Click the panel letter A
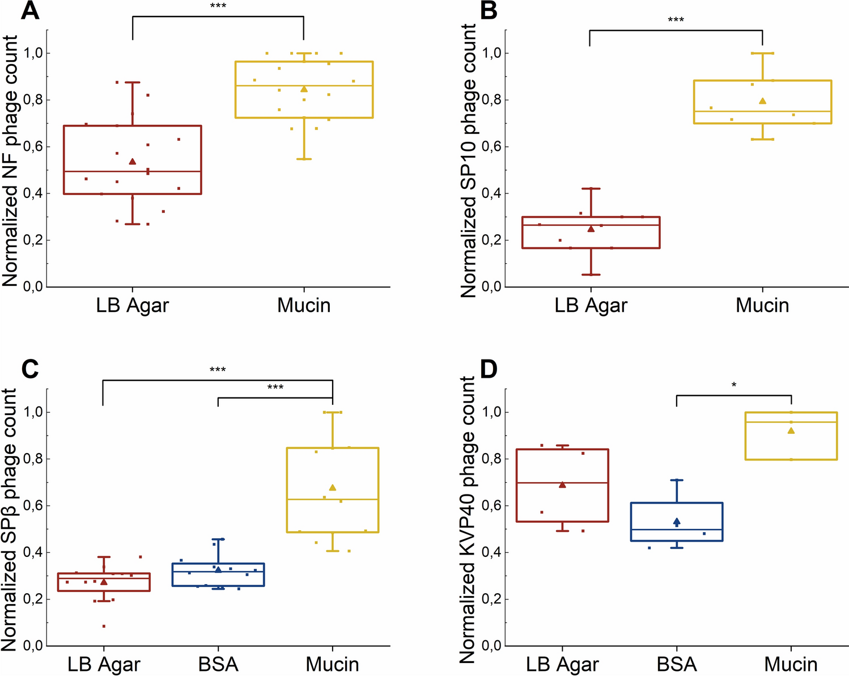point(30,11)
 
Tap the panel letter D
point(489,370)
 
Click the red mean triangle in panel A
point(133,161)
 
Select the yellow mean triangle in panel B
point(763,101)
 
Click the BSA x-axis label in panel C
point(218,664)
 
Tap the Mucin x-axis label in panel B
point(762,305)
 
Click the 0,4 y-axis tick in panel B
point(491,194)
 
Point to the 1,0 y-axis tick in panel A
point(33,53)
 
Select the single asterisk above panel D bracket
point(734,384)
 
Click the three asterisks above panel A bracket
point(218,6)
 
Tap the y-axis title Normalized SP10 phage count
point(468,160)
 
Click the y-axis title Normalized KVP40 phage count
point(468,519)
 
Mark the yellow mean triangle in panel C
point(333,487)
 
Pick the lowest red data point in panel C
point(104,626)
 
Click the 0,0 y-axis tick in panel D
point(491,645)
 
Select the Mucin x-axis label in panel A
point(304,305)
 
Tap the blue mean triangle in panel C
point(218,569)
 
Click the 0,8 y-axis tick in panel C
point(33,459)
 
